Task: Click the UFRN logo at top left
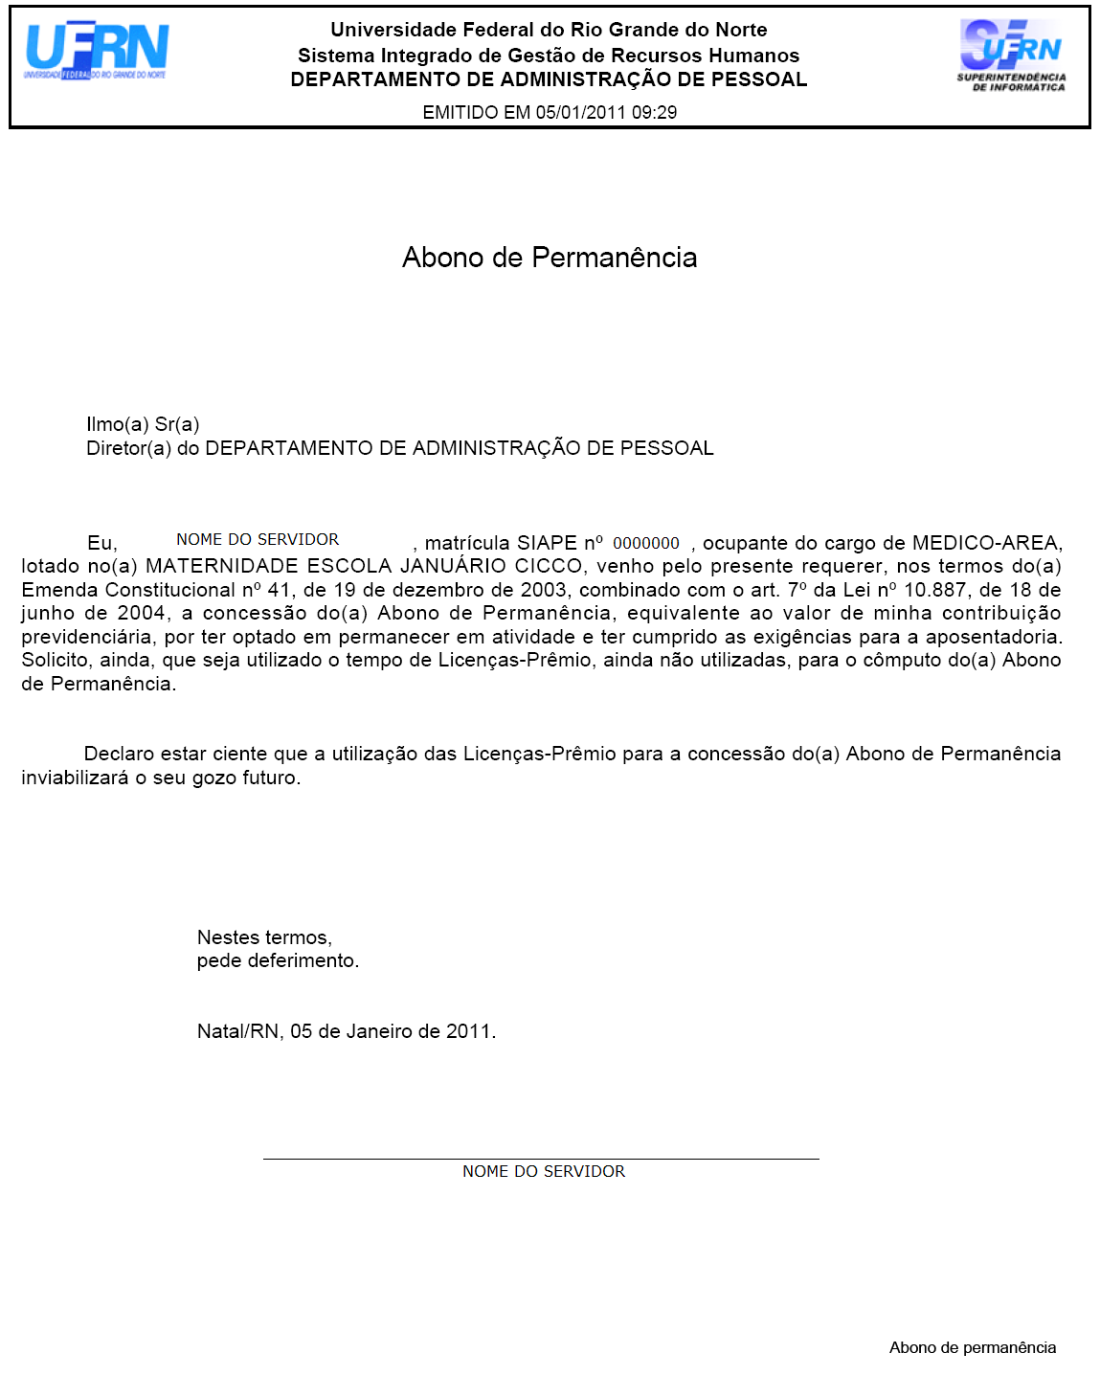click(x=96, y=51)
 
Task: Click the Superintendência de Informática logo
click(x=1011, y=56)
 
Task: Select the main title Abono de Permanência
click(x=550, y=258)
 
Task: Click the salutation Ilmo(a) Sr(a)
click(x=143, y=424)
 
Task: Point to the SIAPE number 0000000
click(x=646, y=543)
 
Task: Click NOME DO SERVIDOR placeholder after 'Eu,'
click(x=258, y=540)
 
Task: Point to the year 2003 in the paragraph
click(x=543, y=590)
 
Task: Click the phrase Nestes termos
click(x=264, y=937)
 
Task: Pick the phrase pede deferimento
click(x=278, y=960)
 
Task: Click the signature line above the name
click(x=541, y=1159)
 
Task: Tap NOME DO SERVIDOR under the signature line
click(x=544, y=1171)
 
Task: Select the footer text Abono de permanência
click(x=973, y=1347)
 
